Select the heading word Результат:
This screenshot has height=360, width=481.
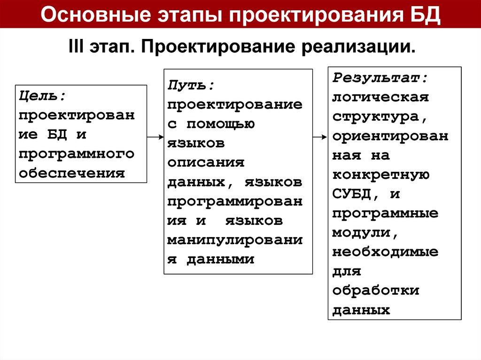pyautogui.click(x=380, y=77)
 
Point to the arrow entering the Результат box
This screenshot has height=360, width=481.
pyautogui.click(x=319, y=137)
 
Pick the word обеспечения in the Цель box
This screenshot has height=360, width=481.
pyautogui.click(x=72, y=172)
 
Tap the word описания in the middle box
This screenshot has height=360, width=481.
pyautogui.click(x=206, y=162)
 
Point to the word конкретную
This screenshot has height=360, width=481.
pyautogui.click(x=380, y=174)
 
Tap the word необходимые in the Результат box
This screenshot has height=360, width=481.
pyautogui.click(x=385, y=251)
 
